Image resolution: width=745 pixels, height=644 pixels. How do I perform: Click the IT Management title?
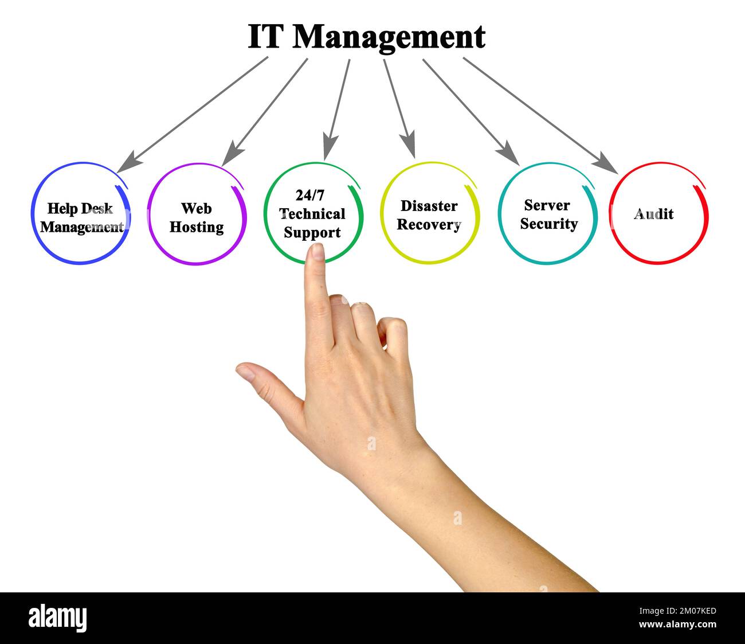tap(366, 37)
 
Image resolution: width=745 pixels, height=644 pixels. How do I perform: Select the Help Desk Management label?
tap(81, 218)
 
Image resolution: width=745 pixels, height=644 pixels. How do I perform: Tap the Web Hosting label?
tap(197, 218)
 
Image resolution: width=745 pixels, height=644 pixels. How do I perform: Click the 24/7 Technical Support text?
tap(312, 214)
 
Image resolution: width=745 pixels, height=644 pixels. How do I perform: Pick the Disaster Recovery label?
tap(429, 215)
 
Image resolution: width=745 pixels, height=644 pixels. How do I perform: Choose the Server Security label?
tap(548, 214)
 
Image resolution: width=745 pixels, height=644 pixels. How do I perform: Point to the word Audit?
tap(653, 214)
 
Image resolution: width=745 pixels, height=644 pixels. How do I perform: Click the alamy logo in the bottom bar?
tap(58, 618)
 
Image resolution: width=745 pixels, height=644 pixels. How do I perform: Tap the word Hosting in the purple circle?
tap(197, 227)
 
